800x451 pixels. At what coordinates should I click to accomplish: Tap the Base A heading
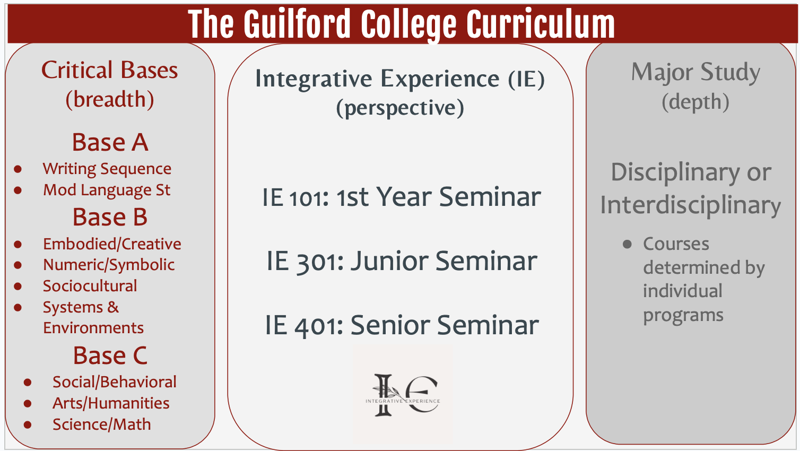110,142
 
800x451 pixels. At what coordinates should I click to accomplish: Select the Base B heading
110,217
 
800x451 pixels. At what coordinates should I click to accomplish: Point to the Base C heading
110,355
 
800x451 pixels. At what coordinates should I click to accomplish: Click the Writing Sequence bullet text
107,169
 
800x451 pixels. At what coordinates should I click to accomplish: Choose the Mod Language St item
107,190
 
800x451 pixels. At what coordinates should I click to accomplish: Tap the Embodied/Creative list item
112,244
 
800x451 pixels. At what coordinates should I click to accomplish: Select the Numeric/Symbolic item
109,265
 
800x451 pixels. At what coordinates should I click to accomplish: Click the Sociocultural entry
90,285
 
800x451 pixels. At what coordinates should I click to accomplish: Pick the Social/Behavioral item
114,381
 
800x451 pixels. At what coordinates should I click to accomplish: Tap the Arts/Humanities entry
111,403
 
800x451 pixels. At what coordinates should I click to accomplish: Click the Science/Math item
101,424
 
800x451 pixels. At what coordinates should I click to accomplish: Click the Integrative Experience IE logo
403,394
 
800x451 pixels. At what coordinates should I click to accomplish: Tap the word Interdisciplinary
690,205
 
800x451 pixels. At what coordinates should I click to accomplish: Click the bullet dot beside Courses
627,244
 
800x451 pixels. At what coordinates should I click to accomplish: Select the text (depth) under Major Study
695,102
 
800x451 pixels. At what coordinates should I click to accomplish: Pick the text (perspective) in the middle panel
400,108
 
